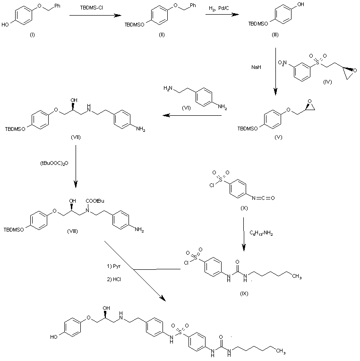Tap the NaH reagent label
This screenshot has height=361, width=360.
pyautogui.click(x=256, y=68)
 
